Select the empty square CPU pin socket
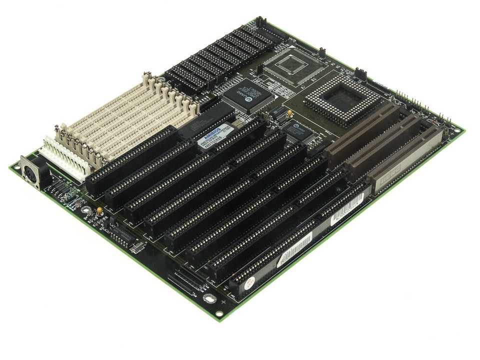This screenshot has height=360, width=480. [x=341, y=100]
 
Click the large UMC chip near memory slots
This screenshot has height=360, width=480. [x=243, y=94]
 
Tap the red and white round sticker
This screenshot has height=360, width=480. [x=246, y=283]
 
